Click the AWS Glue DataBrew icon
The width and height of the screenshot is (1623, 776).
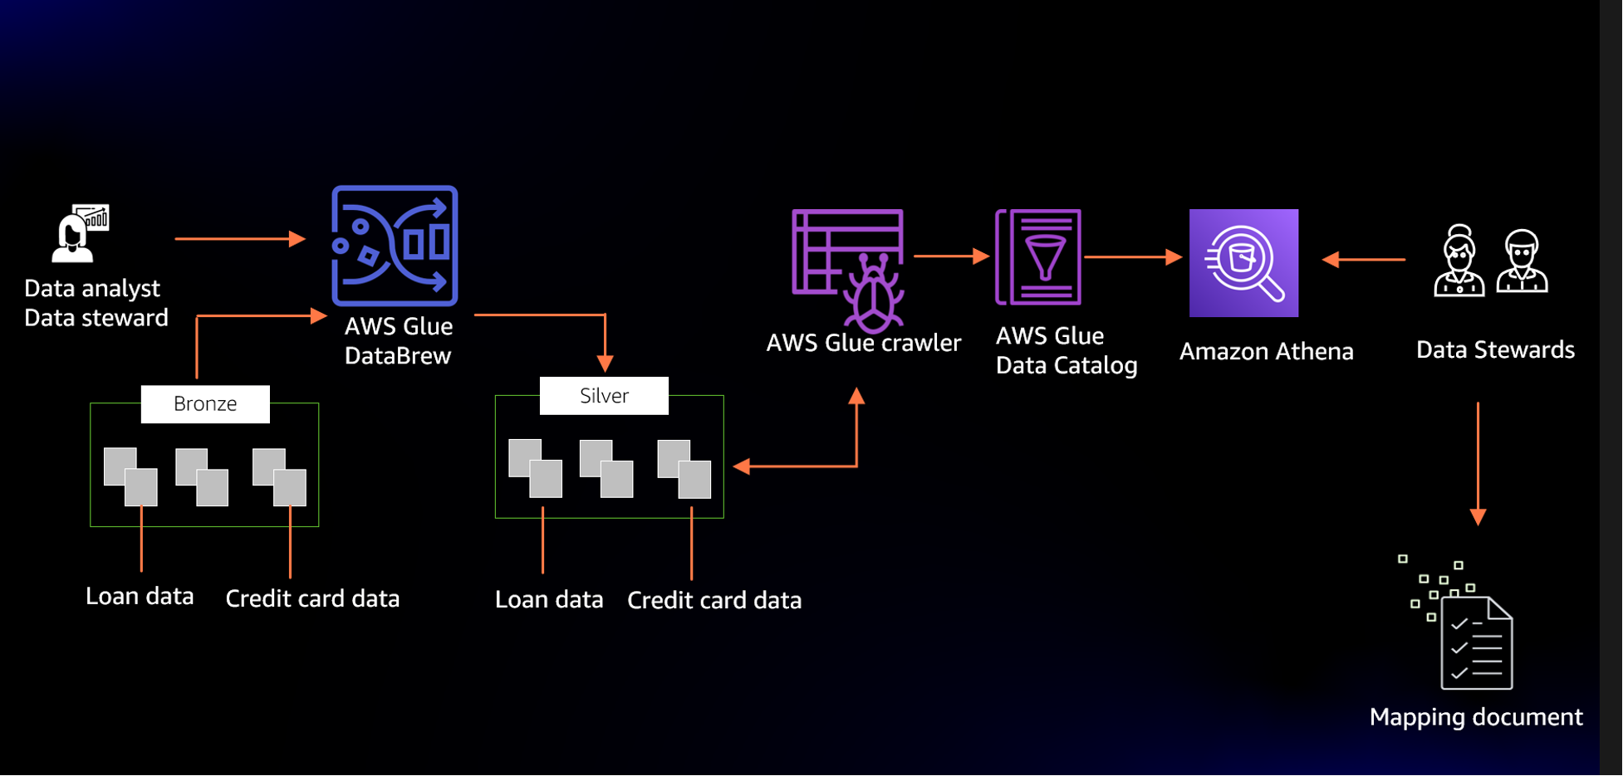coord(395,246)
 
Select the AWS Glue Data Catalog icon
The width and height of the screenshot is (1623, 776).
coord(1038,257)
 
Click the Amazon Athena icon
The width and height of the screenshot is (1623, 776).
coord(1243,263)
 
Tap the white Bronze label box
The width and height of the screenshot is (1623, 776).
coord(205,404)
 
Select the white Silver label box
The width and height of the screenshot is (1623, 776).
coord(604,396)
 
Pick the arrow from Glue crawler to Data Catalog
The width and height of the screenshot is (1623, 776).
coord(951,256)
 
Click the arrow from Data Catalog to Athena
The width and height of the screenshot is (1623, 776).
coord(1133,257)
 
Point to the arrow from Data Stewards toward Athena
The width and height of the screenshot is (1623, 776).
coord(1363,260)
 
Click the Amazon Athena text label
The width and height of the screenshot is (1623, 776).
coord(1266,352)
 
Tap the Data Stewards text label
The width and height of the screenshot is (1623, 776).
coord(1495,350)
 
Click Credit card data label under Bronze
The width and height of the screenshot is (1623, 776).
coord(312,598)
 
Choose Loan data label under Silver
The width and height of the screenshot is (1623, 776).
coord(549,599)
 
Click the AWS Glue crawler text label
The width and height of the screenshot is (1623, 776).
coord(863,343)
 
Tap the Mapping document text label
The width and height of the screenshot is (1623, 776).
coord(1476,717)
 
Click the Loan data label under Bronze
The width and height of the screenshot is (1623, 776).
coord(140,596)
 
